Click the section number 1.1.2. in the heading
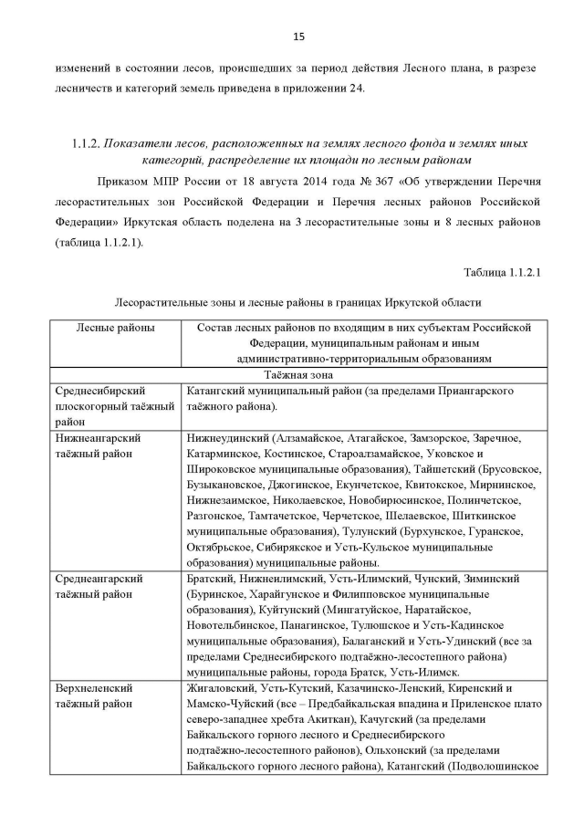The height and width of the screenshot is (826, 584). pos(85,144)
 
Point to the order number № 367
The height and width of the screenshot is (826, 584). pos(340,181)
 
